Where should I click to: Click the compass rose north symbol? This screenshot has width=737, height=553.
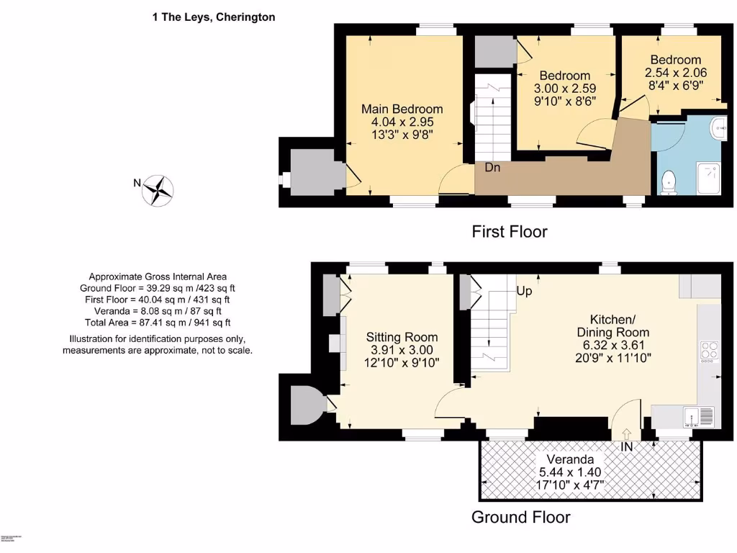coord(158,190)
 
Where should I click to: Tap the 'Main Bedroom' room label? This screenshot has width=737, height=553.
coord(402,109)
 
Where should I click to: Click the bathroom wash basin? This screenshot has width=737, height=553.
coord(717,129)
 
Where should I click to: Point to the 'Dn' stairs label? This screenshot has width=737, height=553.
coord(492,168)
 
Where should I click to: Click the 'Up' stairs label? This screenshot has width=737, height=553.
coord(525,291)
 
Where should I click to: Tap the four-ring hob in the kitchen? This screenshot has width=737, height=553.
coord(709,351)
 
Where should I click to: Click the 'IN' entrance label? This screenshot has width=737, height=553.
coord(628,448)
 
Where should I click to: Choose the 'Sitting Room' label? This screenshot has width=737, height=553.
coord(402,337)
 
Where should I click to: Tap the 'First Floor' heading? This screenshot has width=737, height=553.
coord(509,232)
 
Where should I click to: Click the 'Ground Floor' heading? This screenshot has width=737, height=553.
coord(520,517)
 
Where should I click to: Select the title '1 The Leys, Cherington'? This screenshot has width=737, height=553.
coord(213,17)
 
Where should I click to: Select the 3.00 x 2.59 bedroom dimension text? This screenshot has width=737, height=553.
coord(565,89)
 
